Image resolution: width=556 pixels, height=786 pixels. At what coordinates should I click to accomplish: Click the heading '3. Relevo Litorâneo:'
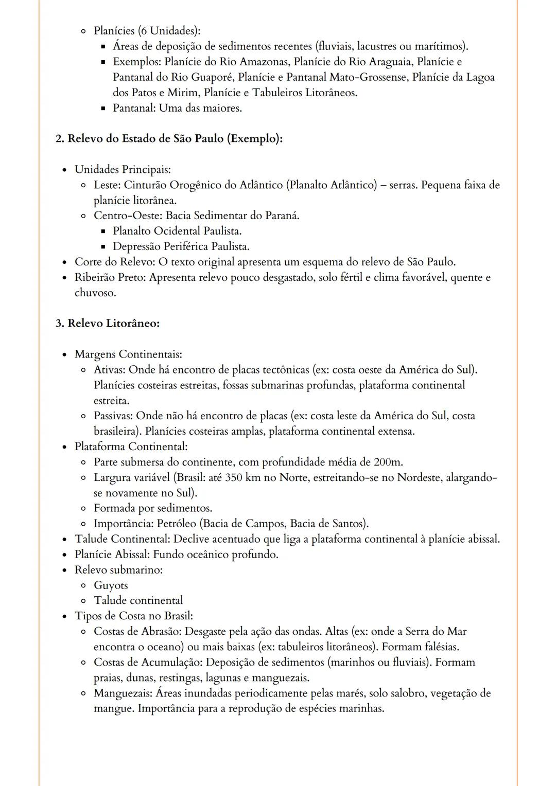pos(108,324)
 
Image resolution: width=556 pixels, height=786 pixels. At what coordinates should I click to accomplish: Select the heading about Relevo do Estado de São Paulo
pos(169,139)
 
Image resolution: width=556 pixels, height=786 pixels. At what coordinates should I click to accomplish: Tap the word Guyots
pos(111,585)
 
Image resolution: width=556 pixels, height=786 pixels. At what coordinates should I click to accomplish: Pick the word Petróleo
pos(176,524)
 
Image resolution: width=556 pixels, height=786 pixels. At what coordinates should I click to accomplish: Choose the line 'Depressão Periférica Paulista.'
pos(181,246)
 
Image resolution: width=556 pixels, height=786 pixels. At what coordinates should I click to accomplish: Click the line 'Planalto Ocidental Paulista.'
pos(177,231)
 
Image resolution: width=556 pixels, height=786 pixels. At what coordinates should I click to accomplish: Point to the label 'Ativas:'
pos(110,370)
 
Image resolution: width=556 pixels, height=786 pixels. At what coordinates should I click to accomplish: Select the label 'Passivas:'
pos(113,416)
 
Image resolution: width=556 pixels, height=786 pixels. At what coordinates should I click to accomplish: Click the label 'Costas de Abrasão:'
pos(137,631)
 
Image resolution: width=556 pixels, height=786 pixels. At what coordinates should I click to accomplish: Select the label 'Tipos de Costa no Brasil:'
pos(134,616)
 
